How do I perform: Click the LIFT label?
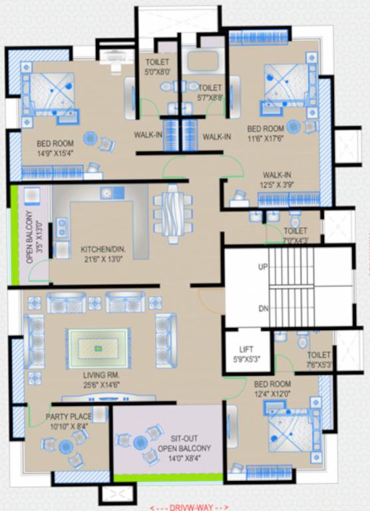coord(246,349)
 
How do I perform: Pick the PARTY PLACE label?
coord(67,421)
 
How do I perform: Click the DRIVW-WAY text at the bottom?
coord(185,506)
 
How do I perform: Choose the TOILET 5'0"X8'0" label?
coord(158,67)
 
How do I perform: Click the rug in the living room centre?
coord(98,348)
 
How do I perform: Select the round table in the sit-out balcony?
coord(140,442)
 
